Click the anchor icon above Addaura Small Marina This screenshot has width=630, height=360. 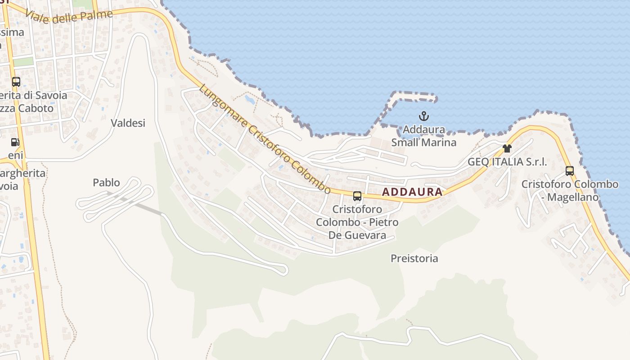click(423, 116)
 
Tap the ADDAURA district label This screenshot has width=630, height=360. click(412, 192)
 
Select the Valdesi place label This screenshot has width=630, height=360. click(128, 123)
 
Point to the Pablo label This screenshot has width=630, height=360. click(106, 182)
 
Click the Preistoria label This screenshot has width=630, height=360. click(414, 258)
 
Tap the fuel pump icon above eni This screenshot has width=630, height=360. click(15, 142)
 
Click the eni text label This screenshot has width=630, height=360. click(15, 155)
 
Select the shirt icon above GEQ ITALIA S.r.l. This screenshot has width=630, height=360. click(507, 148)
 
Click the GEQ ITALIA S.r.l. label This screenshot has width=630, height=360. click(508, 162)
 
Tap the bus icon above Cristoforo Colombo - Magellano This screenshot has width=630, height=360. click(570, 171)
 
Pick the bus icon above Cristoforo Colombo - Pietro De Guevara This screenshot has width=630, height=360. click(357, 196)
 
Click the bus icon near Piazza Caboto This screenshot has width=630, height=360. click(16, 82)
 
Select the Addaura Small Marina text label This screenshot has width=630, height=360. click(423, 136)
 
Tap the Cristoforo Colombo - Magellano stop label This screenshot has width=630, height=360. click(570, 190)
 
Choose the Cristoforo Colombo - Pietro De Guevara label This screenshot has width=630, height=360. click(357, 222)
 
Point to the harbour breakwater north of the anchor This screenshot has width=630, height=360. click(414, 95)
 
